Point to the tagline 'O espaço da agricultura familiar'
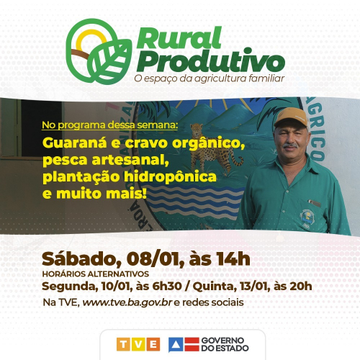[x=210, y=78]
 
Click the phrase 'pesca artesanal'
[x=105, y=159]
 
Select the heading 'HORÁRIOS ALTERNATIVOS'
[x=96, y=274]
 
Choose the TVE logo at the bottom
[x=138, y=343]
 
